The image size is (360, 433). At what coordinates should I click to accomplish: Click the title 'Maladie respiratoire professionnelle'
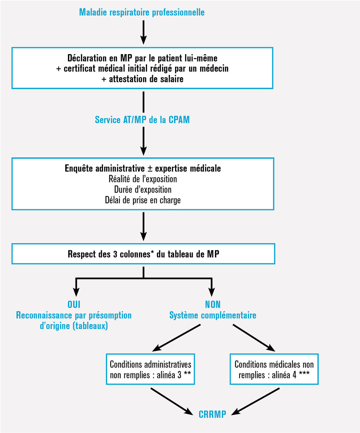pyautogui.click(x=142, y=13)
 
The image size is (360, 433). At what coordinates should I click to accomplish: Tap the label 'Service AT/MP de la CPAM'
pyautogui.click(x=142, y=120)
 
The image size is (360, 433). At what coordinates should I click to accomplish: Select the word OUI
pyautogui.click(x=74, y=304)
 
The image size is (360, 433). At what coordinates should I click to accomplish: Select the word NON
pyautogui.click(x=213, y=304)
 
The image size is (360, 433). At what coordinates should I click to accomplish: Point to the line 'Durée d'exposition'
pyautogui.click(x=143, y=189)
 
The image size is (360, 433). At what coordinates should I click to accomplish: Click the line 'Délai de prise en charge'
pyautogui.click(x=143, y=200)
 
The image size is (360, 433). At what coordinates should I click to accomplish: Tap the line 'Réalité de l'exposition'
pyautogui.click(x=143, y=179)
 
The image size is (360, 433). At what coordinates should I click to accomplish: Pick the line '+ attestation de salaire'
pyautogui.click(x=142, y=79)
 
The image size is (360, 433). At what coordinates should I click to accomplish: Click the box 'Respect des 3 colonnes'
pyautogui.click(x=143, y=254)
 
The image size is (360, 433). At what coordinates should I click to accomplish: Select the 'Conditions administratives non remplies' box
pyautogui.click(x=150, y=369)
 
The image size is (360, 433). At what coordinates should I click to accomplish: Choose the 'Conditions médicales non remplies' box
pyautogui.click(x=274, y=369)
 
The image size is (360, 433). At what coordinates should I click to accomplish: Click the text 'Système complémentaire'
pyautogui.click(x=213, y=315)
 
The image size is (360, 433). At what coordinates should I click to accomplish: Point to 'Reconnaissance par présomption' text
pyautogui.click(x=74, y=315)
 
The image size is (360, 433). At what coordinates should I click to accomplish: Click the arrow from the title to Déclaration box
pyautogui.click(x=143, y=32)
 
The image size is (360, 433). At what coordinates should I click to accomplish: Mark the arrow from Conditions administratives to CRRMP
pyautogui.click(x=171, y=401)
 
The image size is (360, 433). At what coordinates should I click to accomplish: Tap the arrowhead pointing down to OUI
pyautogui.click(x=76, y=292)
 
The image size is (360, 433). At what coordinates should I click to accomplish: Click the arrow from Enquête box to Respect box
pyautogui.click(x=143, y=226)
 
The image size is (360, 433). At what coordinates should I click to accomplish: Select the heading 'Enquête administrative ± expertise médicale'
pyautogui.click(x=143, y=168)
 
